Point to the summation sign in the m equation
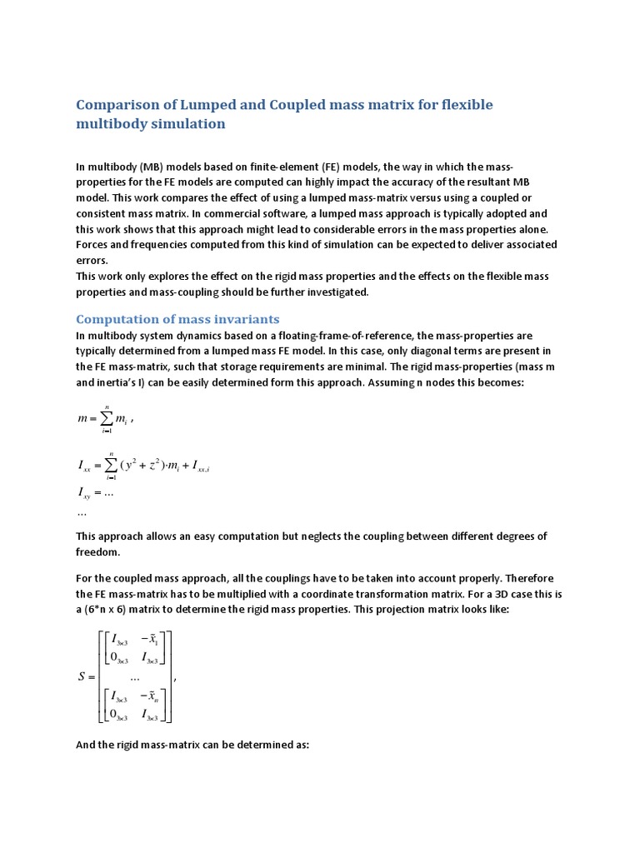tap(107, 420)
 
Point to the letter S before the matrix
tap(82, 676)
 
